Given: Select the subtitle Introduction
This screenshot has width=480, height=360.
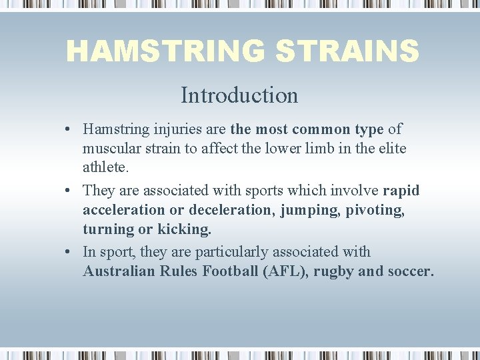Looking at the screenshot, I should click(239, 95).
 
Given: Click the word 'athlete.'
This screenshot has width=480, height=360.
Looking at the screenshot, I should click(105, 168).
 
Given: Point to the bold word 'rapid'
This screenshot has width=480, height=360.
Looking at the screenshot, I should click(401, 191).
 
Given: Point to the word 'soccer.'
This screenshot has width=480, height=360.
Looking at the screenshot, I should click(409, 271).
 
